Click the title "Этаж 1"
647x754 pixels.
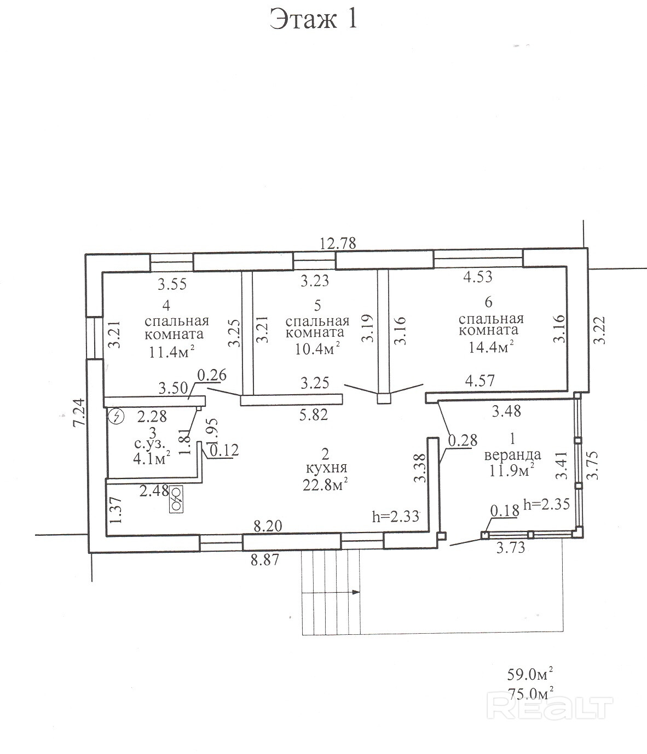click(x=314, y=19)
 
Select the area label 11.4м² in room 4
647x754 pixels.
click(x=171, y=351)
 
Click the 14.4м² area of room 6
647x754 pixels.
click(x=490, y=346)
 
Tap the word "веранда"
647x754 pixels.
click(x=512, y=454)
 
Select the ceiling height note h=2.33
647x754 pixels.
click(x=395, y=516)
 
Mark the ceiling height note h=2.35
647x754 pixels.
click(x=547, y=504)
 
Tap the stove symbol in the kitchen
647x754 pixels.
click(x=176, y=498)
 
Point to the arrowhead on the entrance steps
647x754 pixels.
click(x=356, y=592)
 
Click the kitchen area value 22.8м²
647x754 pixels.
click(x=326, y=484)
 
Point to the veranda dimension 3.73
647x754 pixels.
click(x=510, y=547)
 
